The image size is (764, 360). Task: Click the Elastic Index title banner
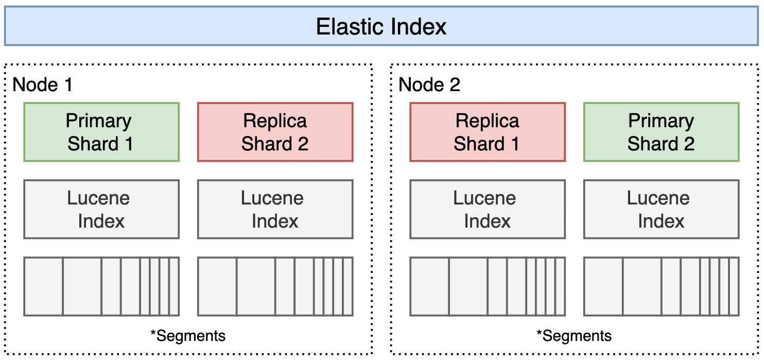(381, 26)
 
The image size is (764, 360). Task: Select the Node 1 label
(42, 85)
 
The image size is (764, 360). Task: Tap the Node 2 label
(429, 85)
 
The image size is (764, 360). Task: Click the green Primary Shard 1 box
(101, 132)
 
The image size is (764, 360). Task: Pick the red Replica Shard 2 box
(275, 132)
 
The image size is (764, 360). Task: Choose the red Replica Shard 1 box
(487, 132)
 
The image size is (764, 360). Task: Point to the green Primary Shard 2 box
(661, 132)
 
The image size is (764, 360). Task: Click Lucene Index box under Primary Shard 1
(101, 209)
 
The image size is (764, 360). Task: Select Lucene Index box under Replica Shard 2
(275, 209)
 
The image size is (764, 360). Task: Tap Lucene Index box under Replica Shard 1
(487, 209)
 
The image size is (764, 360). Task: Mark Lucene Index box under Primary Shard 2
(661, 209)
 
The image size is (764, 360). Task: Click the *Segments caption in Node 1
(188, 336)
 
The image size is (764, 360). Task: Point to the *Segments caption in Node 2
(574, 336)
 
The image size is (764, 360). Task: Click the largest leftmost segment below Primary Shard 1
(44, 286)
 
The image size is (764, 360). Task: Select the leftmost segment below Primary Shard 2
(603, 286)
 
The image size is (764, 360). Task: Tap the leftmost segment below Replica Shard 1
(430, 286)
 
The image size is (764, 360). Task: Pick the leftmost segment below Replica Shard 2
(217, 286)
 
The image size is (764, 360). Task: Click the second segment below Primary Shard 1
(82, 286)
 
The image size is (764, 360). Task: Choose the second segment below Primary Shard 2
(642, 286)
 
